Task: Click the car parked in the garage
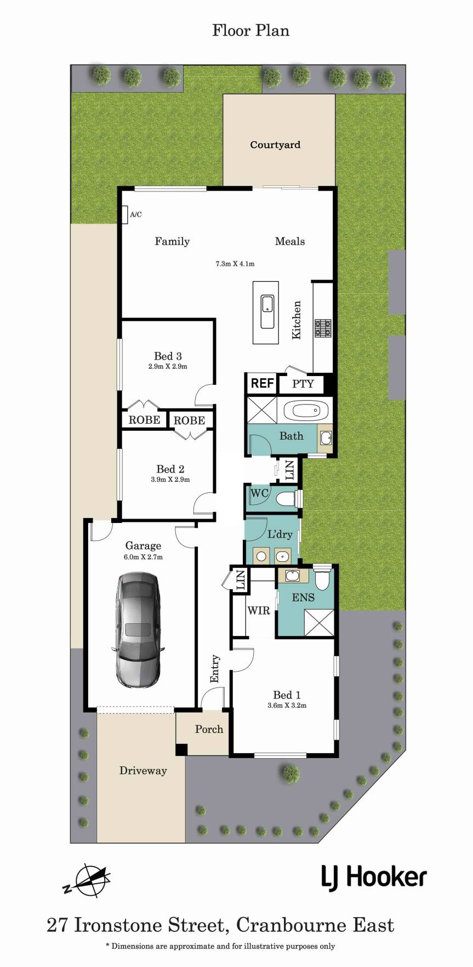pos(138,630)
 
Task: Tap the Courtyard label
pos(275,145)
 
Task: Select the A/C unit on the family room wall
pos(125,214)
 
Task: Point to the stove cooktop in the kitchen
pos(323,328)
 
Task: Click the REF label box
pos(262,383)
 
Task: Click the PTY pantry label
pos(303,384)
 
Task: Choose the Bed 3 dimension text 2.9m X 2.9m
pos(168,367)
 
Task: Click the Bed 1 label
pos(287,695)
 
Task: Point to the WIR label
pos(259,610)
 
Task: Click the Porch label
pos(209,729)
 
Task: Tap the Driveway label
pos(143,771)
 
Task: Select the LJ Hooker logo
pos(374,878)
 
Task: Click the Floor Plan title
pos(250,31)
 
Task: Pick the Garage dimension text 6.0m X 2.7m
pos(143,557)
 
